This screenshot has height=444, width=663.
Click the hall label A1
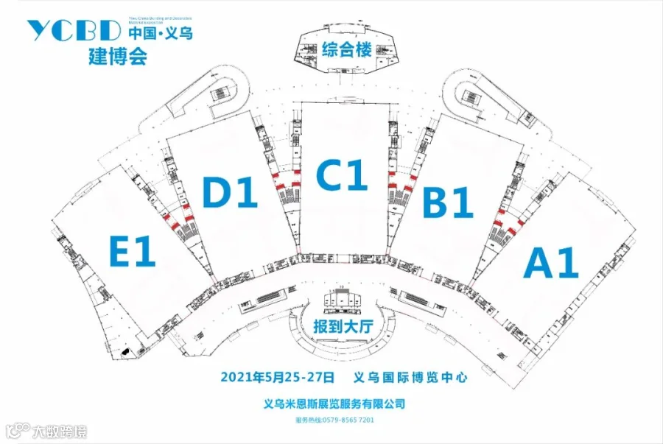tap(550, 263)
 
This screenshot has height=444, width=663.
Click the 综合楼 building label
tap(344, 51)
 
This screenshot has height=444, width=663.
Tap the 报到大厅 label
tap(340, 325)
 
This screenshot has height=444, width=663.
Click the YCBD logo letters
tap(73, 31)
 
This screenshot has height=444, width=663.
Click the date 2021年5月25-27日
tap(278, 377)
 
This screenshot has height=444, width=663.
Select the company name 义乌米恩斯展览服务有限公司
tap(334, 404)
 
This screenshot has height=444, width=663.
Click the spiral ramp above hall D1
tap(223, 94)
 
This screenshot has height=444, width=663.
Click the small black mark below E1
tap(127, 354)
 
